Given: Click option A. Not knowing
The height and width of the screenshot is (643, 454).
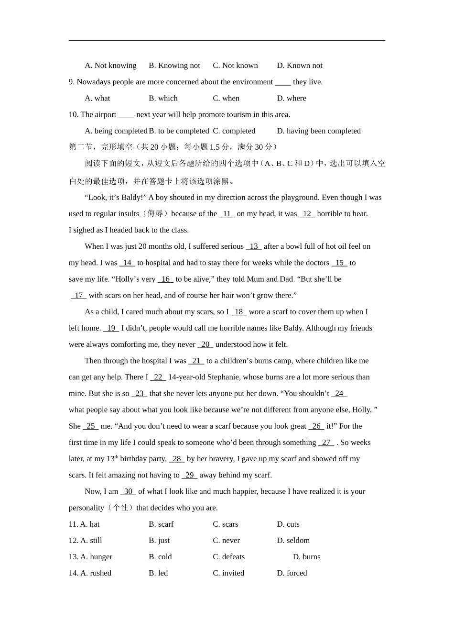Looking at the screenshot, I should point(110,66).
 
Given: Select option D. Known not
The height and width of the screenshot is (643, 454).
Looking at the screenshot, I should point(300,66).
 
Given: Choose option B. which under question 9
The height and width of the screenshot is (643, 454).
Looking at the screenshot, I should point(163,98).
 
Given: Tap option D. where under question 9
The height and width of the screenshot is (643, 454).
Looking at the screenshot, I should point(292,98).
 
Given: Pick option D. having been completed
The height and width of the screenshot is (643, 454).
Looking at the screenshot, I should point(319,131).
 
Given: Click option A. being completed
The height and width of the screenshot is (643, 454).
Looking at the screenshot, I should point(116,131).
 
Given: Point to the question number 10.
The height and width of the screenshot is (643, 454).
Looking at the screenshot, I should point(73,114).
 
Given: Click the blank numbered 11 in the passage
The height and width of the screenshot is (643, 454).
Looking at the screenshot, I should point(227,214).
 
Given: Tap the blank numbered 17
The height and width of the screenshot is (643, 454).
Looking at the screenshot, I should point(79,296).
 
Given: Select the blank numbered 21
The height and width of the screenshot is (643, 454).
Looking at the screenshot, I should point(196,361).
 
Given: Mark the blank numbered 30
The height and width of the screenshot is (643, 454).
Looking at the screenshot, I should point(128,491).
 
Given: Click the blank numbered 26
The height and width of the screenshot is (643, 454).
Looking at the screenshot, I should point(316,426).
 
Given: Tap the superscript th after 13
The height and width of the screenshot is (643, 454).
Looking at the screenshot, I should point(116,457).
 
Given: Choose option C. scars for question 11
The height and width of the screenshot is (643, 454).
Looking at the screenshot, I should point(226,524).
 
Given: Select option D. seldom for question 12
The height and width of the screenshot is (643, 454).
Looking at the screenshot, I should point(293,541).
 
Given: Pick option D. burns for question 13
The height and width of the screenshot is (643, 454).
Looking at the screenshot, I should point(307,557).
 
